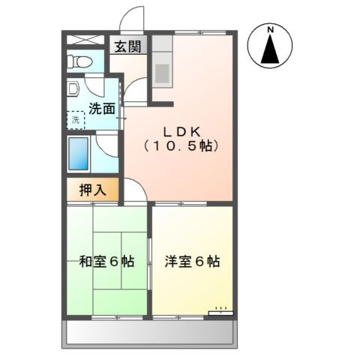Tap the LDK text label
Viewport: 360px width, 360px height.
point(179,128)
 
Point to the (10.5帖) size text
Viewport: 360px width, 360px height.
point(181,146)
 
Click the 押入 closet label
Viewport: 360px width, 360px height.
point(93,190)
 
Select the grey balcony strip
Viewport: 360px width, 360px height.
point(150,333)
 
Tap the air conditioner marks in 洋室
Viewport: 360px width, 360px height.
point(220,309)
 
